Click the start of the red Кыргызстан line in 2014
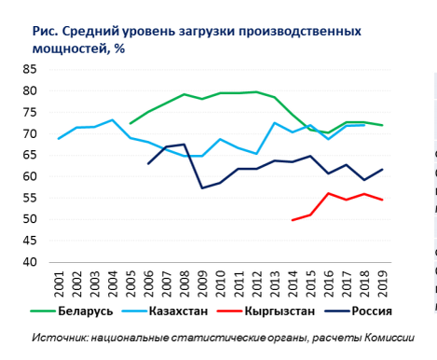[x=293, y=220]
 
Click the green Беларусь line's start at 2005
[x=130, y=123]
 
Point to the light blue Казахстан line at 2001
[x=59, y=139]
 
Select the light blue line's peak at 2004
[x=112, y=119]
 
